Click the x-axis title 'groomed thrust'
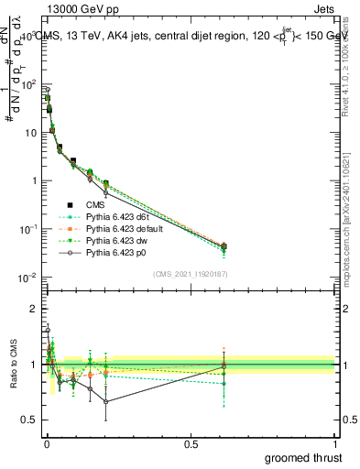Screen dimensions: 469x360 coord(303,457)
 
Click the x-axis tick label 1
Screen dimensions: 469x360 coord(336,443)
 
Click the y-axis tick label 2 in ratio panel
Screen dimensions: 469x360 coord(32,309)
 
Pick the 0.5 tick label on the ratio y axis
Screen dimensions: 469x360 coord(27,420)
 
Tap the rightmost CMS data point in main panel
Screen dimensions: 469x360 coord(224,245)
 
